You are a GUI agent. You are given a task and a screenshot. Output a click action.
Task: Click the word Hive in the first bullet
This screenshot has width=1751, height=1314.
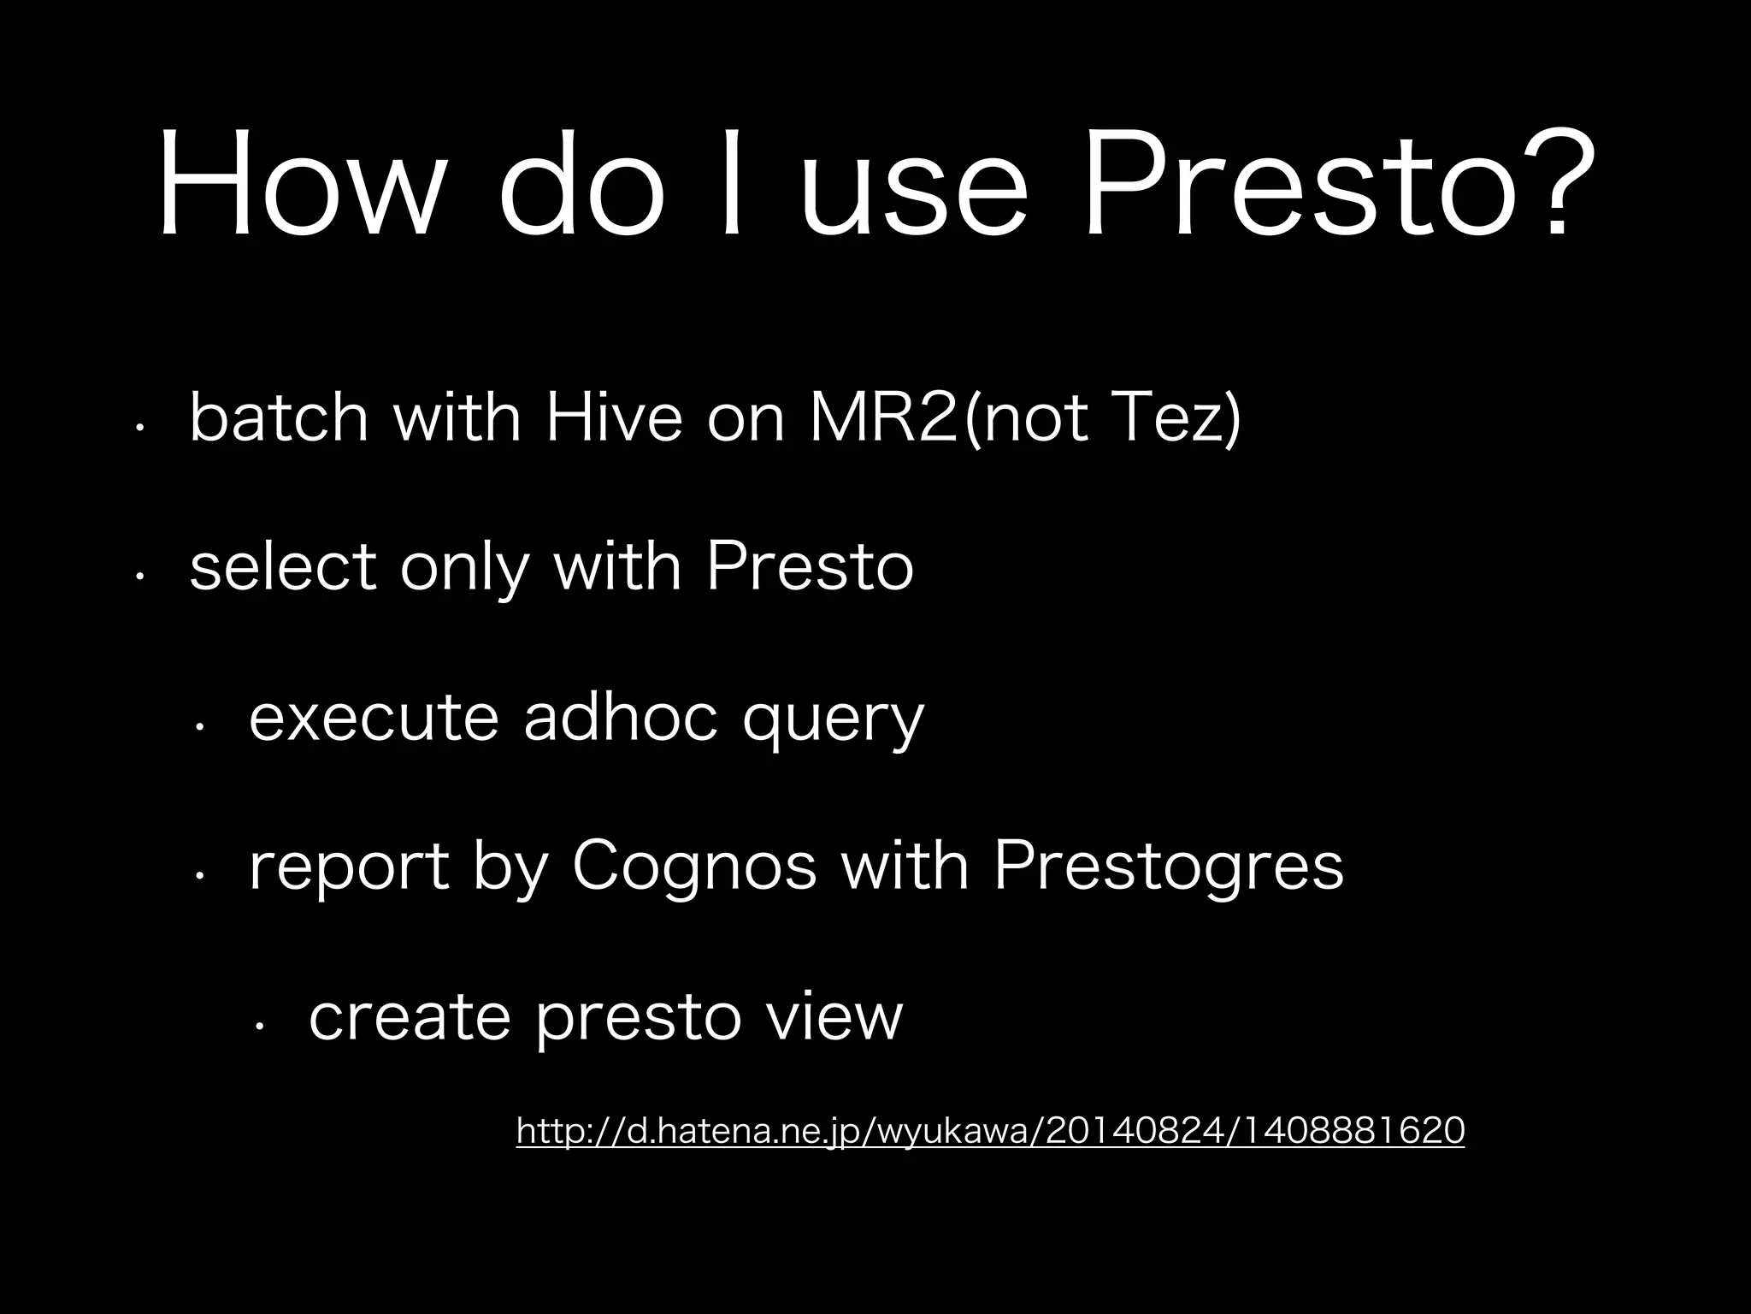(x=614, y=417)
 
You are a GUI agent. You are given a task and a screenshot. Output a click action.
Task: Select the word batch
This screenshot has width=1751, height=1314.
(x=279, y=417)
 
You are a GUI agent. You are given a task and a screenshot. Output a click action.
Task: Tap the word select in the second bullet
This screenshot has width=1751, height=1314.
(x=283, y=566)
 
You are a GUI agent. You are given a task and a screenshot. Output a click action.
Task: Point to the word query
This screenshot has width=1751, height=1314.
(x=834, y=724)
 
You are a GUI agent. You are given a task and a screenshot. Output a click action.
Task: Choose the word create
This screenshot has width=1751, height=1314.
(x=410, y=1017)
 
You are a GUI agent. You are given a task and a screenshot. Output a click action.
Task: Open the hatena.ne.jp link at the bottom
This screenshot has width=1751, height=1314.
(x=990, y=1131)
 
